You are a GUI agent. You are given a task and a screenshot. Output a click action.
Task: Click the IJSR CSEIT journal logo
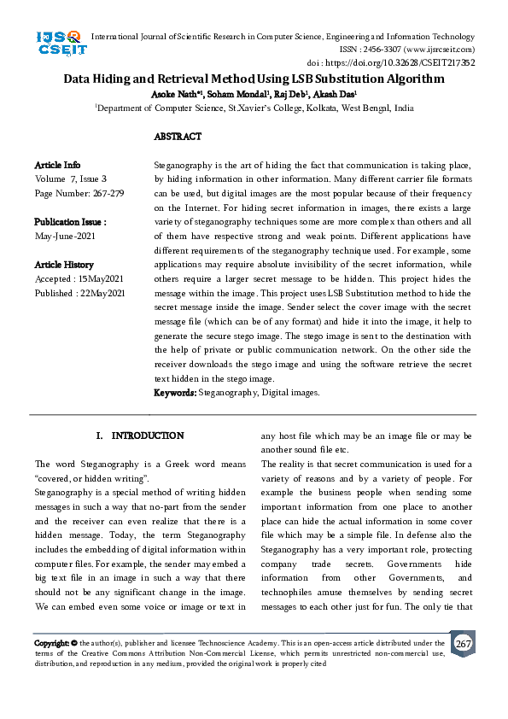[60, 44]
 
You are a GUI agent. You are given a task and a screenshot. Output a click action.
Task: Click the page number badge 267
[463, 643]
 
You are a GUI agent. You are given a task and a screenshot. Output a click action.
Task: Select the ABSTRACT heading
[178, 137]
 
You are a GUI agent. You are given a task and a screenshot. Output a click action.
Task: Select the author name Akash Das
[336, 94]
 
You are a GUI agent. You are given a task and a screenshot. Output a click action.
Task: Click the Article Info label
[57, 164]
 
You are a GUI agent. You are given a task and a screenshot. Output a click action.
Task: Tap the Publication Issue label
[70, 220]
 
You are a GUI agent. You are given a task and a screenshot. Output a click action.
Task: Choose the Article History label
[64, 265]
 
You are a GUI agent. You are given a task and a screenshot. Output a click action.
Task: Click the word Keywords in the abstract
[174, 393]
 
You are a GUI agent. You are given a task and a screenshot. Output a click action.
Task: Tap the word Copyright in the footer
[51, 643]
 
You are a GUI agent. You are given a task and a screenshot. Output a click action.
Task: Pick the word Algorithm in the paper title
[412, 79]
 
